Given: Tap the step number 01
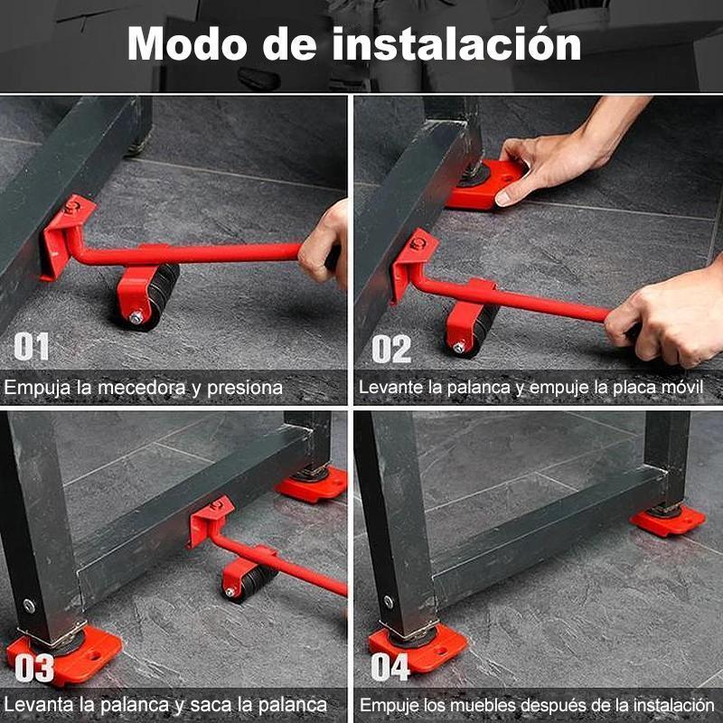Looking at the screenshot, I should pyautogui.click(x=32, y=348).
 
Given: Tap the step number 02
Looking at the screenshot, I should pyautogui.click(x=390, y=349).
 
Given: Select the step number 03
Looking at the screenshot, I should pyautogui.click(x=34, y=669).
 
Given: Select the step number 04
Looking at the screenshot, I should pyautogui.click(x=390, y=669).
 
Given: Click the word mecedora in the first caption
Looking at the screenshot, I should pyautogui.click(x=152, y=389).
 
